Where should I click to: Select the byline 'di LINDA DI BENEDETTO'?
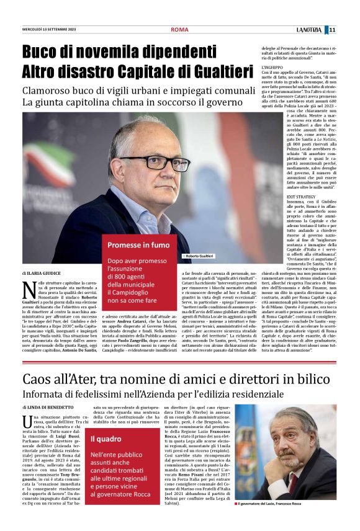pos(47,407)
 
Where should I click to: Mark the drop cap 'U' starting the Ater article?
pos(27,422)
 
